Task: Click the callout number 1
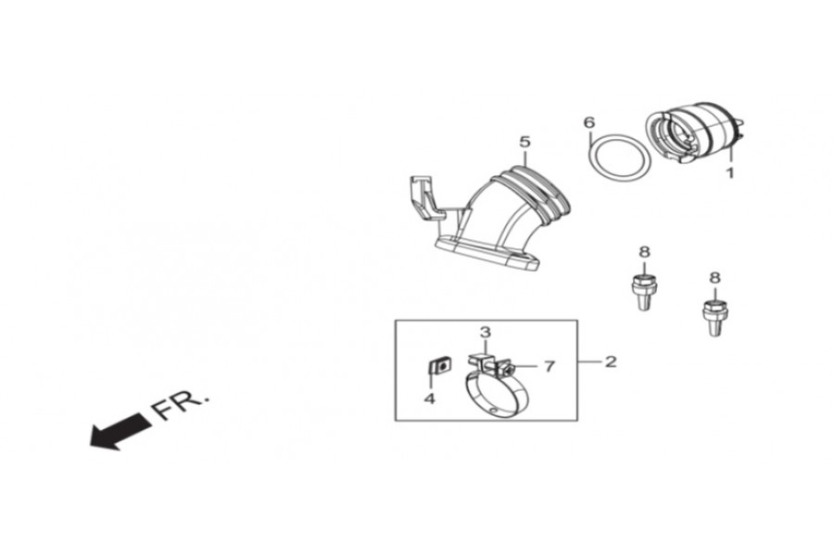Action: [729, 172]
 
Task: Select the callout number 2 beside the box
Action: [610, 361]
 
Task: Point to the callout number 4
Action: [429, 398]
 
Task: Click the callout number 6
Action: [588, 122]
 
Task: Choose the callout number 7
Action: [549, 367]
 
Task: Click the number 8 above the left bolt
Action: [644, 252]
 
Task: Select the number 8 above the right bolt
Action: [714, 277]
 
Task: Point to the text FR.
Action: [182, 404]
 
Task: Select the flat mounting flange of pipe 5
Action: [486, 251]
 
